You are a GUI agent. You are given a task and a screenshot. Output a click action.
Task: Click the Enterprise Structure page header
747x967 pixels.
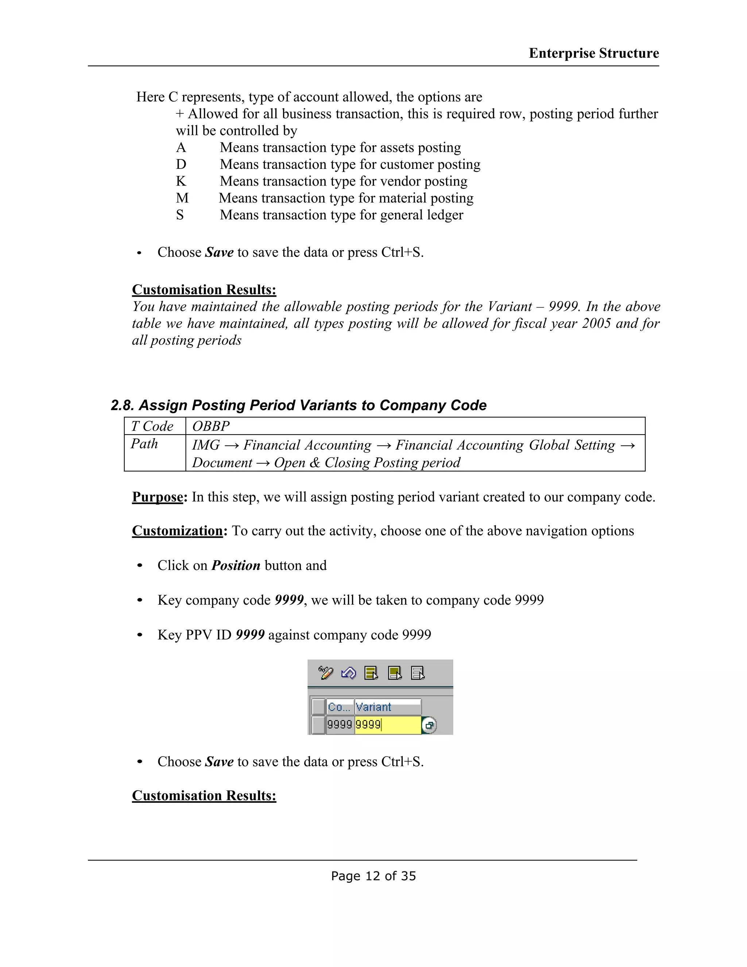593,53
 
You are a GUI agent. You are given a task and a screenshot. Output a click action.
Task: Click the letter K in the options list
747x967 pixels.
181,181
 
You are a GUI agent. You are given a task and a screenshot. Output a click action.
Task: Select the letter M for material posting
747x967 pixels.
182,198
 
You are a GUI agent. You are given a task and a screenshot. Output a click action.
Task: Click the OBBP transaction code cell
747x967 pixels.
211,426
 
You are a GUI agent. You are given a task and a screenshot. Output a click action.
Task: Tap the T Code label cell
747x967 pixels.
152,426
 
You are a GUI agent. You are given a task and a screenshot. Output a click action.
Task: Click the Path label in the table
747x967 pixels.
144,444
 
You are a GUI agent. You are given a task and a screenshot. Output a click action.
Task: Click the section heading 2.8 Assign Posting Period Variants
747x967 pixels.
298,405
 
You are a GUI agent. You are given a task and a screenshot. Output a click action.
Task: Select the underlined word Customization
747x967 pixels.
177,531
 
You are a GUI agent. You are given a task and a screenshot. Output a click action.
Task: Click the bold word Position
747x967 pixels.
235,565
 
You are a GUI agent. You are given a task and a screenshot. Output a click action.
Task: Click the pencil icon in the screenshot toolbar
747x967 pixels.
326,673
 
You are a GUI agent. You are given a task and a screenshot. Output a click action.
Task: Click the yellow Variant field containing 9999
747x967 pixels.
388,725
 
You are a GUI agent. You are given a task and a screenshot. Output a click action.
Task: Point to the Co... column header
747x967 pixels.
338,707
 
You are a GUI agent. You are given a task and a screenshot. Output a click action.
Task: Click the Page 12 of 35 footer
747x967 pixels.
373,876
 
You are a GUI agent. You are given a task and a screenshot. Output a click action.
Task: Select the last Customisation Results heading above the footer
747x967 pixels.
204,795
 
